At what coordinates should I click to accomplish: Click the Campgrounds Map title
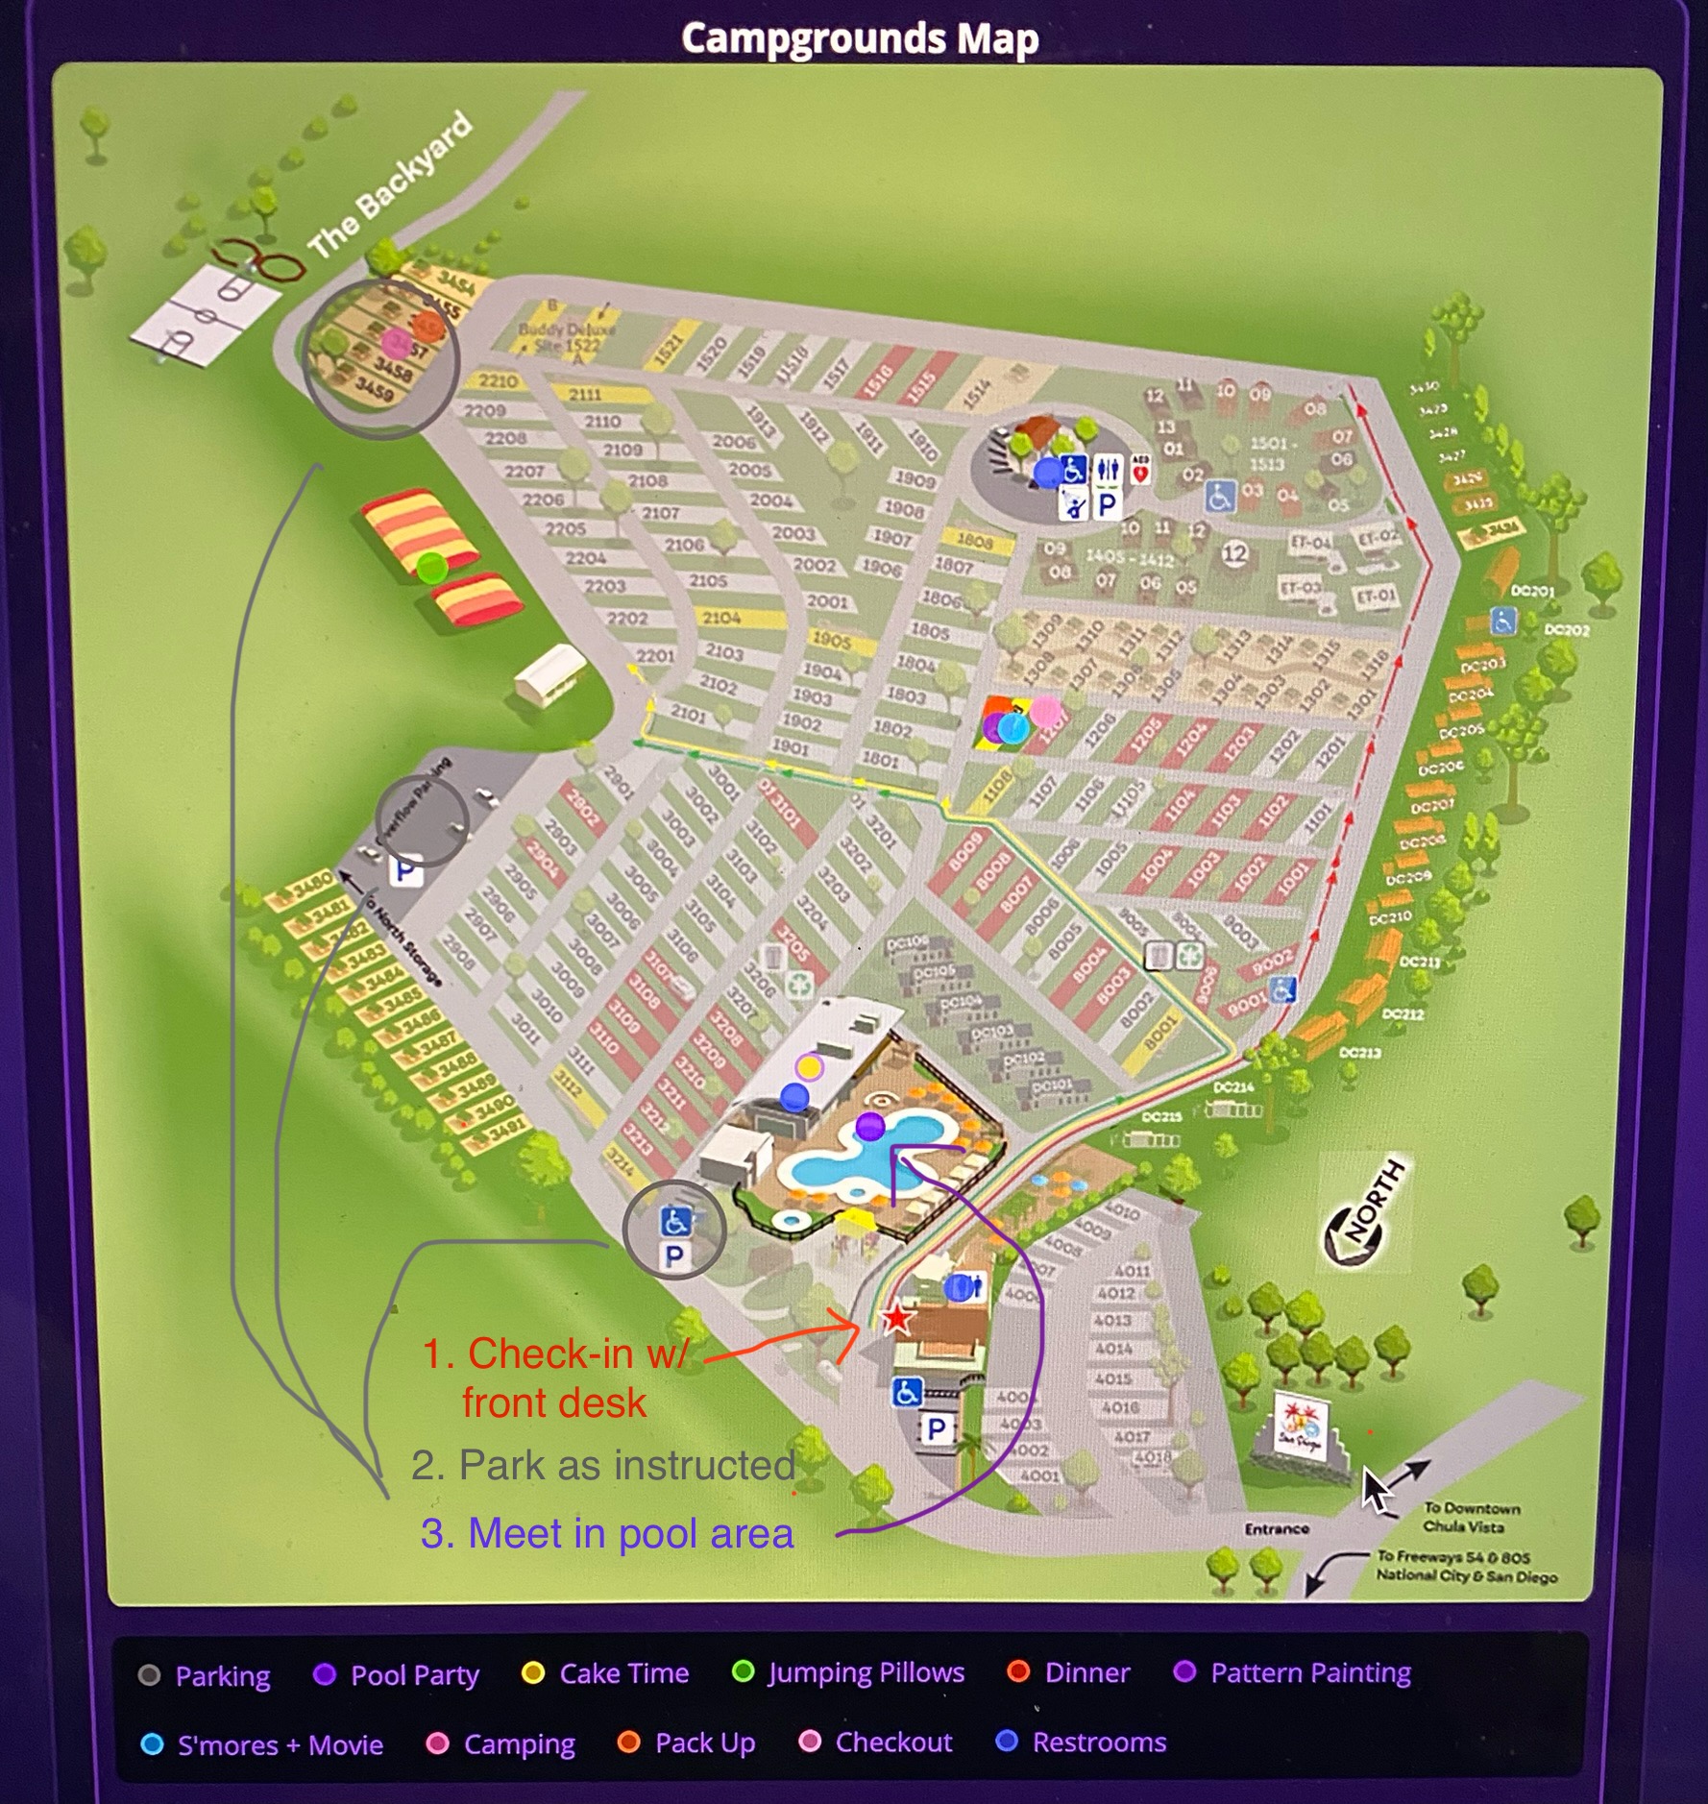point(860,39)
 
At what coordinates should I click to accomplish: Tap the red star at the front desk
point(897,1317)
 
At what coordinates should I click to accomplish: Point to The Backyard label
point(390,184)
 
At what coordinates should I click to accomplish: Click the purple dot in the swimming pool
point(870,1126)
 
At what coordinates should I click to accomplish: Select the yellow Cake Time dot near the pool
point(810,1067)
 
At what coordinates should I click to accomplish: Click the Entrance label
point(1277,1528)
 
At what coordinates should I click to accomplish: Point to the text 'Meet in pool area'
point(607,1533)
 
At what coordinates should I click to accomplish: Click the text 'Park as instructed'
point(603,1465)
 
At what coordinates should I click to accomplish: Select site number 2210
point(499,380)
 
